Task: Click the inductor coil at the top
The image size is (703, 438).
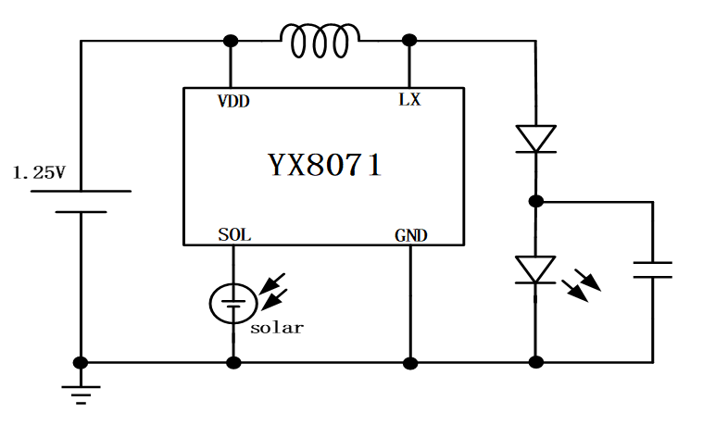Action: pos(320,41)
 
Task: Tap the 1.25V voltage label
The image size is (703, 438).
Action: pos(39,173)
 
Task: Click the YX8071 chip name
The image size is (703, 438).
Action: pos(324,166)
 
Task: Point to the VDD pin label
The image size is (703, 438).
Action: pos(232,101)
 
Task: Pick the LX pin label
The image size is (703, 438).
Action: pos(409,100)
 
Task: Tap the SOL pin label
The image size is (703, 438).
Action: pos(233,235)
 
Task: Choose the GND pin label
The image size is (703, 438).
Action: pos(410,236)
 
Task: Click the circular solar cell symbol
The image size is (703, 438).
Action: pos(232,304)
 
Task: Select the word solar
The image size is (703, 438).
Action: pos(276,328)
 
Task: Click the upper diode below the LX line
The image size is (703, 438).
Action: pos(535,139)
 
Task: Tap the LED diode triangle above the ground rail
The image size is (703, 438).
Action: pos(535,269)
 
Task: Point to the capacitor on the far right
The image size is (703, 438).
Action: pos(652,269)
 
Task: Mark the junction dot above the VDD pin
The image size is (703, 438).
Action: pos(231,41)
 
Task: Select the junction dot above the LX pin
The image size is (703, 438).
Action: pos(409,41)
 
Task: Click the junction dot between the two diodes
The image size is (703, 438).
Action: pos(535,201)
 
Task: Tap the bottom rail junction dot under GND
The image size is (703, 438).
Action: pos(409,362)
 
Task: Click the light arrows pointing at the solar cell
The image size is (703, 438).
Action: pos(272,289)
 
